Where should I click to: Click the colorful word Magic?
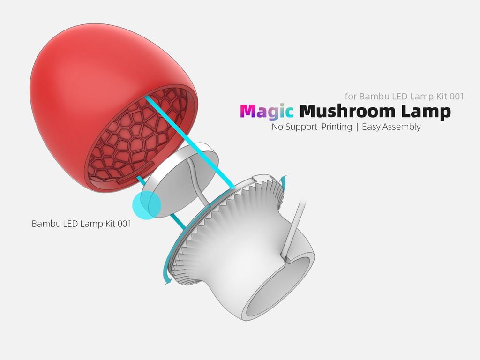[x=266, y=112]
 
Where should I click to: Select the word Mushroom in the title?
[x=348, y=112]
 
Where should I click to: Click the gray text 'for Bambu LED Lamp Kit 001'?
[x=404, y=97]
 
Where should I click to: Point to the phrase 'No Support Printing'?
[x=312, y=127]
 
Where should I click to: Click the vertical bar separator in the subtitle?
[x=357, y=127]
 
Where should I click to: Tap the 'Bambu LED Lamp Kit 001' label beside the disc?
[x=82, y=224]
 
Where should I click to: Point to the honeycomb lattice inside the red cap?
[x=136, y=136]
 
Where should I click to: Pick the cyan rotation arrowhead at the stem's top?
[x=283, y=179]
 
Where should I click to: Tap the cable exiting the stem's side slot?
[x=295, y=225]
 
